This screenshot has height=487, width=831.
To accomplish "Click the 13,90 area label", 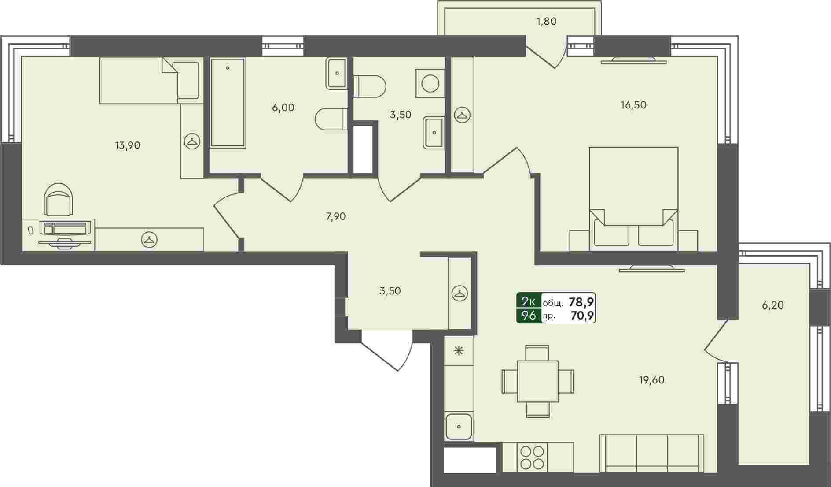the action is pos(128,145).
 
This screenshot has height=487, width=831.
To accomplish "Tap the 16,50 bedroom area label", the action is pos(633,105).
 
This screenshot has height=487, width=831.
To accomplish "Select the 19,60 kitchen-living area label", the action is pos(652,380).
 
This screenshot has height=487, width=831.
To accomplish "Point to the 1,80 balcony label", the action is pos(547,21).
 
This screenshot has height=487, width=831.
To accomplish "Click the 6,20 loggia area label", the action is pos(773,305).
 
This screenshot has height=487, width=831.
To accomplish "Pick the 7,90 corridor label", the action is pos(336,216).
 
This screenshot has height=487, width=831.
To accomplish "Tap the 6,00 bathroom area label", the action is pos(283,108).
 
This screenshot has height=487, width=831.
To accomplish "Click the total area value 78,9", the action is pos(581,302).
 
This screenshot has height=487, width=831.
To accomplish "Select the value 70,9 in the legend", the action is pos(582,316).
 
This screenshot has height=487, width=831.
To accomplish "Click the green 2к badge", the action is pos(529,301).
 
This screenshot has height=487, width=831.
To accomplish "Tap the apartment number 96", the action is pos(529,316).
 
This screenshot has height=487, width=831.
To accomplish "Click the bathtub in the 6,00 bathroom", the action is pos(228,103).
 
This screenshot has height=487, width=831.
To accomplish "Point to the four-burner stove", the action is pos(532,457).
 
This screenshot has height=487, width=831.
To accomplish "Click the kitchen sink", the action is pos(459,426).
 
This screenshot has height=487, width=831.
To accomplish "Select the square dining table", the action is pos(537,381).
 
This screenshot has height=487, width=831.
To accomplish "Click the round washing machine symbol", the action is pos(430,83).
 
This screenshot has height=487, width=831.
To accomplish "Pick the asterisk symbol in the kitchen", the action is pos(459,351).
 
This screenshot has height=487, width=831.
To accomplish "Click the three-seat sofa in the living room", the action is pos(652,454).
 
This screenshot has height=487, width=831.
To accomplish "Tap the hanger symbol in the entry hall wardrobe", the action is pos(460,293).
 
